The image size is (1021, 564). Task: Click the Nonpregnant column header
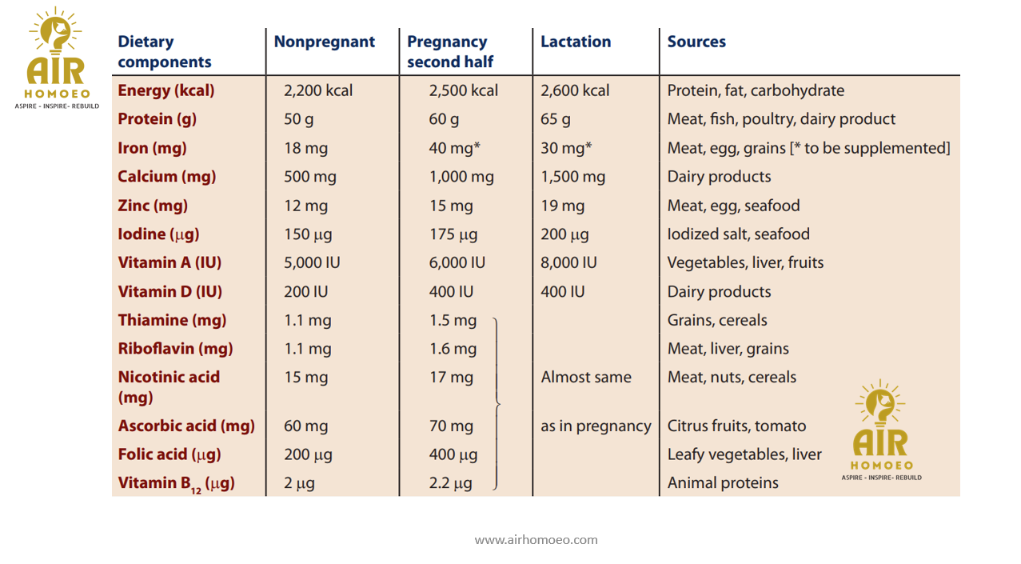tap(324, 42)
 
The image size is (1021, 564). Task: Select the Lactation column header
tap(575, 42)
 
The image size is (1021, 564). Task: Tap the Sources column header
tap(696, 42)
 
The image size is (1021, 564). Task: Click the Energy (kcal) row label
tap(166, 90)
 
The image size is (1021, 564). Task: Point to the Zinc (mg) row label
tap(152, 206)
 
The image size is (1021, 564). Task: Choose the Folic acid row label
tap(169, 454)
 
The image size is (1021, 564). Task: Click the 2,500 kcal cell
tap(463, 90)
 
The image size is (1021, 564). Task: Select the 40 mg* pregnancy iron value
tap(453, 148)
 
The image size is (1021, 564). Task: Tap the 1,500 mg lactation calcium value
tap(572, 177)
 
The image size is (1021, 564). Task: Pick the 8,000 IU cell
tap(568, 262)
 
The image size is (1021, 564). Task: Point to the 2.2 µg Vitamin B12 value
tap(450, 483)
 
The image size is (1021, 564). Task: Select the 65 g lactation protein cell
tap(555, 119)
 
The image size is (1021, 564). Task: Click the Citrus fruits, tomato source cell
tap(736, 426)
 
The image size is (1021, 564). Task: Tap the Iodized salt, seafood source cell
tap(738, 234)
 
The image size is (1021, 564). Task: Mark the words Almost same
tap(585, 378)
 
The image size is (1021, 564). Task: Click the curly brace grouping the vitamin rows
tap(497, 403)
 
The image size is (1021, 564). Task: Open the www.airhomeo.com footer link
tap(536, 540)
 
